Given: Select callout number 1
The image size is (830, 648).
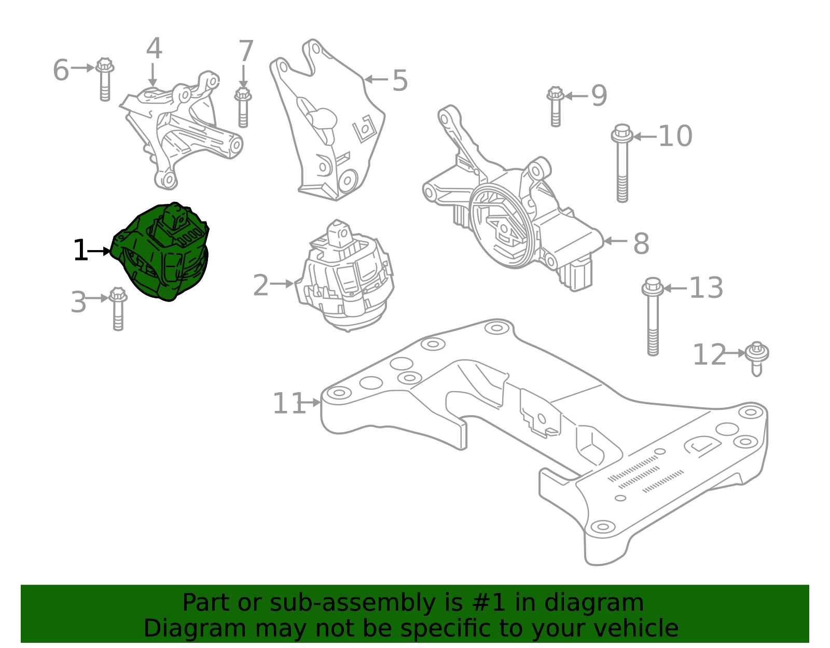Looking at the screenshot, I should pyautogui.click(x=80, y=251).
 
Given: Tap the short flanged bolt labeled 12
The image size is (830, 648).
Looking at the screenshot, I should pyautogui.click(x=757, y=358).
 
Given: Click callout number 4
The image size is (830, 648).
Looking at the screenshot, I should pyautogui.click(x=154, y=49).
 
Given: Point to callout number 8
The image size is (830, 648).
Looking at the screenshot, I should pyautogui.click(x=641, y=243).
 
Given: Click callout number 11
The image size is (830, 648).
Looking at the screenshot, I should pyautogui.click(x=288, y=404).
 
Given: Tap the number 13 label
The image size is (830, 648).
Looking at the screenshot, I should pyautogui.click(x=706, y=288).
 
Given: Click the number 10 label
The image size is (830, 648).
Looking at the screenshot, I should pyautogui.click(x=675, y=136).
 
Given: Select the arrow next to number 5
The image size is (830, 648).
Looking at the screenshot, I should pyautogui.click(x=376, y=79).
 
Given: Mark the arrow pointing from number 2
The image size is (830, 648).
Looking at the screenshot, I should pyautogui.click(x=282, y=284).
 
